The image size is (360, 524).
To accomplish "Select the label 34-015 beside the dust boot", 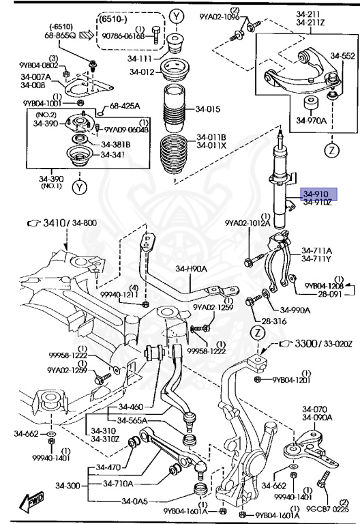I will [x=209, y=109].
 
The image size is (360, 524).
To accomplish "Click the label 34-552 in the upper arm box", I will [x=343, y=55].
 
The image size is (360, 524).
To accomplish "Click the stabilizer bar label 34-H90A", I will [x=190, y=269].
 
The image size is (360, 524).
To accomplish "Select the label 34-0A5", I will [x=136, y=501].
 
